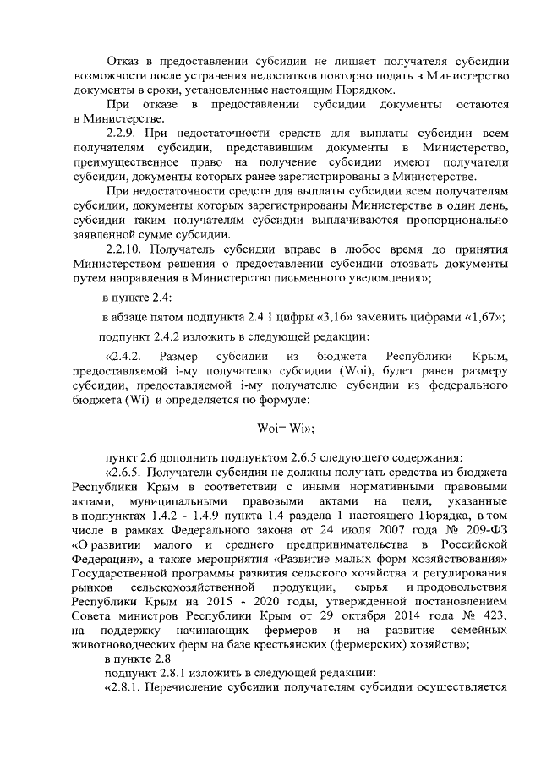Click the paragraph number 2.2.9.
tap(121, 134)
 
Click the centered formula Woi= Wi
tap(286, 429)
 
